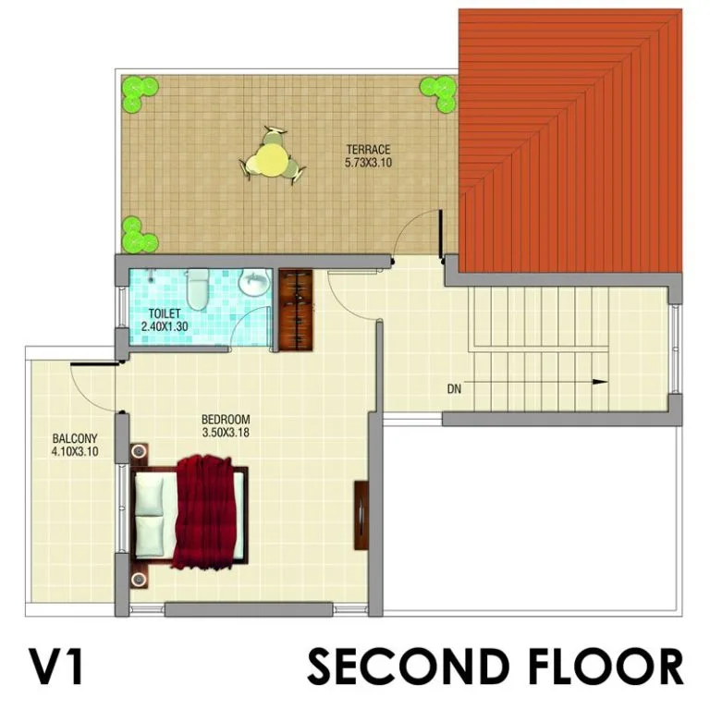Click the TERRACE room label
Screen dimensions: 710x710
(x=368, y=149)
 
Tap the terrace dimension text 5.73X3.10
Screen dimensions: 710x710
(x=368, y=162)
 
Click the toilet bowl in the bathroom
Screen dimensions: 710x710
(x=198, y=288)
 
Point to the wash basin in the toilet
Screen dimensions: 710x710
(x=254, y=284)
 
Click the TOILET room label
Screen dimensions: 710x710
(x=165, y=313)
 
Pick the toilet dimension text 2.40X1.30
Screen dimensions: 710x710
(x=165, y=326)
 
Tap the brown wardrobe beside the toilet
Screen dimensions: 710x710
(x=296, y=310)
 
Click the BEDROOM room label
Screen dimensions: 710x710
(x=226, y=420)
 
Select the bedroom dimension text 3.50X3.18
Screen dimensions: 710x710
(x=226, y=433)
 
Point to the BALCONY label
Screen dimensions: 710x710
(x=75, y=438)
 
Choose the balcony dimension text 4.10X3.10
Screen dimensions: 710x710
(x=75, y=451)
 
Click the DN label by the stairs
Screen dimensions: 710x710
(x=454, y=388)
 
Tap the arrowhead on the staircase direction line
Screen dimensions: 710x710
(x=600, y=382)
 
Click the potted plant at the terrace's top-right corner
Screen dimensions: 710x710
(x=438, y=93)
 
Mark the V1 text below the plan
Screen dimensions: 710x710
(x=56, y=666)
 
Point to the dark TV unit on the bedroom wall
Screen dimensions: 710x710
(x=361, y=516)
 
